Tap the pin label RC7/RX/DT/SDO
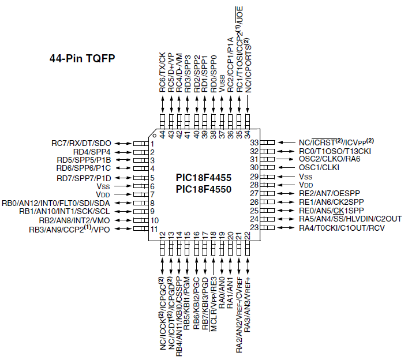pos(81,143)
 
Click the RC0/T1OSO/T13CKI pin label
pos(331,151)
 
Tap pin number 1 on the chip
pos(152,144)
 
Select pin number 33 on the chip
pos(253,142)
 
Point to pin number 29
pos(253,177)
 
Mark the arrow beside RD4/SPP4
pos(123,152)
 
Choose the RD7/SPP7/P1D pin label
pos(84,178)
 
